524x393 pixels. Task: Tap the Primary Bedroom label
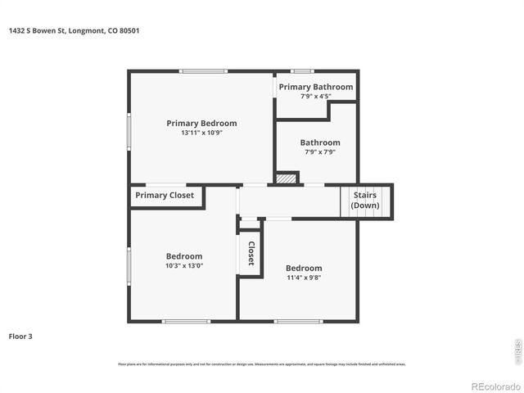201,124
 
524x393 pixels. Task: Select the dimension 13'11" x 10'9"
201,133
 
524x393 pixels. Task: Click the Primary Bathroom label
315,87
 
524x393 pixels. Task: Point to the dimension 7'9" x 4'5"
315,97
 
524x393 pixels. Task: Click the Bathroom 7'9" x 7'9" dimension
319,151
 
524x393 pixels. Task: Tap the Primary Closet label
165,196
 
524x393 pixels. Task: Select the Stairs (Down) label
365,201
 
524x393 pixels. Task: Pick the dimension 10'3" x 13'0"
184,265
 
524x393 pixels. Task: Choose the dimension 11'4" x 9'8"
304,278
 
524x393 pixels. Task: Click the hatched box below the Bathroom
286,178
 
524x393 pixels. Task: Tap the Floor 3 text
20,336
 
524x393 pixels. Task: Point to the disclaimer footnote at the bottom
262,364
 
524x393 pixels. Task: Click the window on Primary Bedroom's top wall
204,71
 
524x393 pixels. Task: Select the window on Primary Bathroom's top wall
302,71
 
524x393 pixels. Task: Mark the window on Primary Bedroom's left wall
129,131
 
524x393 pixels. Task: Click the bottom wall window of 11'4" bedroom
298,321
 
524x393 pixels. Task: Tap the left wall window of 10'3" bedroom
129,266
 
